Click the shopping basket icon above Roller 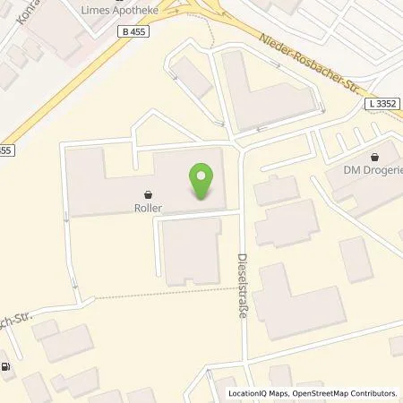pos(149,192)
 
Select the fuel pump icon pos(8,367)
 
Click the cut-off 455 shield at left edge pos(6,150)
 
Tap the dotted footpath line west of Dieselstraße pos(161,294)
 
